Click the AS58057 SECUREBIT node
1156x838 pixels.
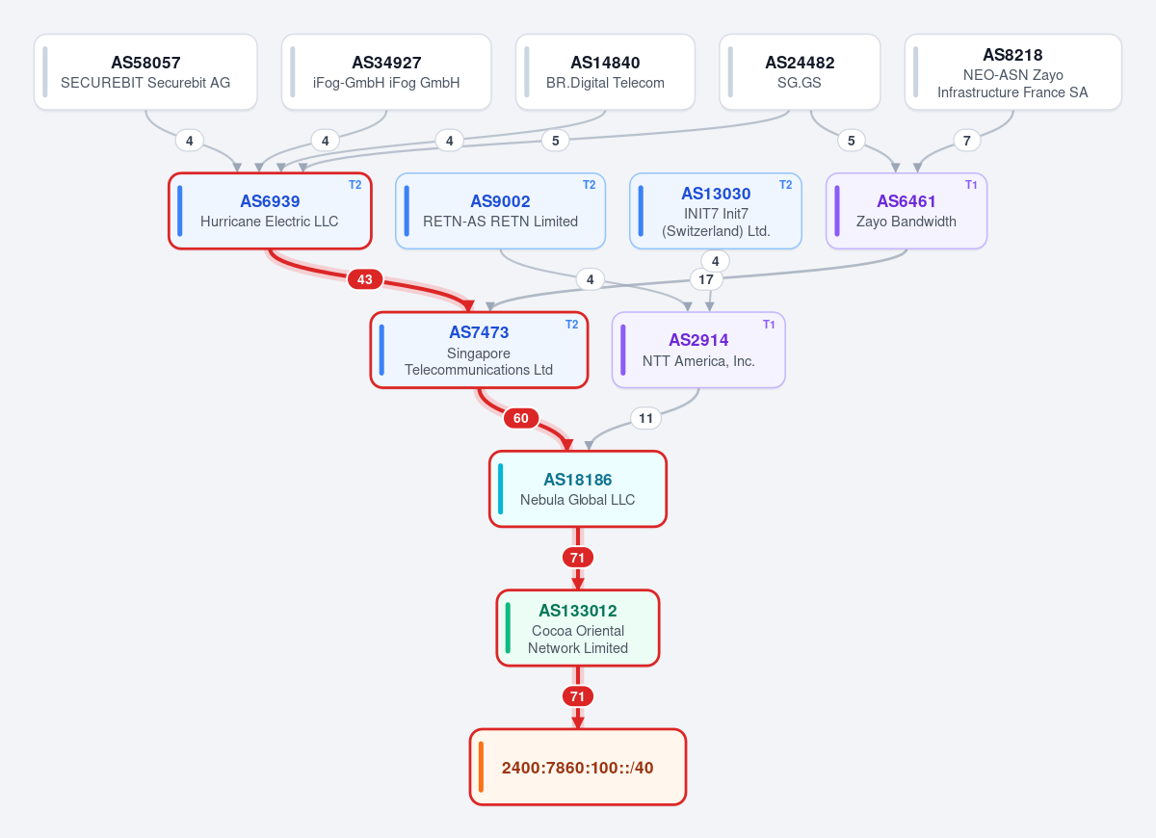click(145, 71)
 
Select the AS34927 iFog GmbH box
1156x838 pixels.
click(386, 71)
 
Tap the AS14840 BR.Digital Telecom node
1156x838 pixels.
click(605, 71)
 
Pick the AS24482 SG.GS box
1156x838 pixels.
click(800, 71)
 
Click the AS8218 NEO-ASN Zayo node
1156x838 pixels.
click(1012, 71)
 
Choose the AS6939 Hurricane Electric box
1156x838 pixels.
click(270, 211)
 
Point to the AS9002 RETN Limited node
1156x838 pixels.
click(500, 211)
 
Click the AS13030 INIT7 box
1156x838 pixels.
click(715, 211)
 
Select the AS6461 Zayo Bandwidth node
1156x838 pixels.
click(906, 211)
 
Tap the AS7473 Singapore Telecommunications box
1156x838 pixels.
click(479, 350)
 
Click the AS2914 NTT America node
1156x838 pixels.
click(698, 350)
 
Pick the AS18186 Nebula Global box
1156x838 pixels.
click(577, 489)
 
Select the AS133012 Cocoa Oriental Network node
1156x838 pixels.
click(577, 628)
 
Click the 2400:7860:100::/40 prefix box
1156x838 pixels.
click(577, 767)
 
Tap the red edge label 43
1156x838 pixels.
click(365, 279)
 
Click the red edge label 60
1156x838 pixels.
click(521, 418)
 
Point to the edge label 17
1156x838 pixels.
click(706, 279)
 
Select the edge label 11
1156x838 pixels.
click(645, 418)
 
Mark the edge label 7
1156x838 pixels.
click(966, 141)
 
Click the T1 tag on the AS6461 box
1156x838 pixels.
click(971, 185)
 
